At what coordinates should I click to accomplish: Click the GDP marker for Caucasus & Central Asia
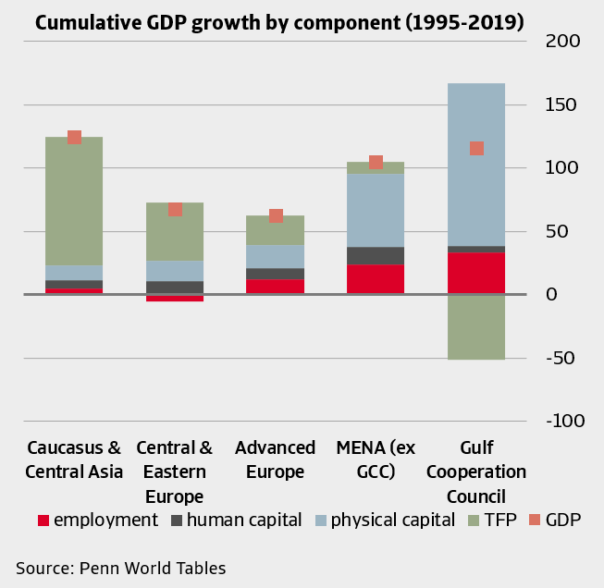(75, 137)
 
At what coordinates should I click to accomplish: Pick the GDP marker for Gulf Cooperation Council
(476, 148)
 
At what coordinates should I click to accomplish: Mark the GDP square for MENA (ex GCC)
(376, 162)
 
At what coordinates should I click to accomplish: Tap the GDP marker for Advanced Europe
(276, 215)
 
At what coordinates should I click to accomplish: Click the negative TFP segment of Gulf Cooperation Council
(476, 326)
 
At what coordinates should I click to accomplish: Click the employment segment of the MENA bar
(376, 278)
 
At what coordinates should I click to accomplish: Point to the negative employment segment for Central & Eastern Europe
(175, 298)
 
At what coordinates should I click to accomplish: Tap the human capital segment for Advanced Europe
(276, 274)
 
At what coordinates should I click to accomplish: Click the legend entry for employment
(97, 520)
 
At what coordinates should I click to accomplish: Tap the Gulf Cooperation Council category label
(476, 472)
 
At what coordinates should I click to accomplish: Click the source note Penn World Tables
(120, 568)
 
